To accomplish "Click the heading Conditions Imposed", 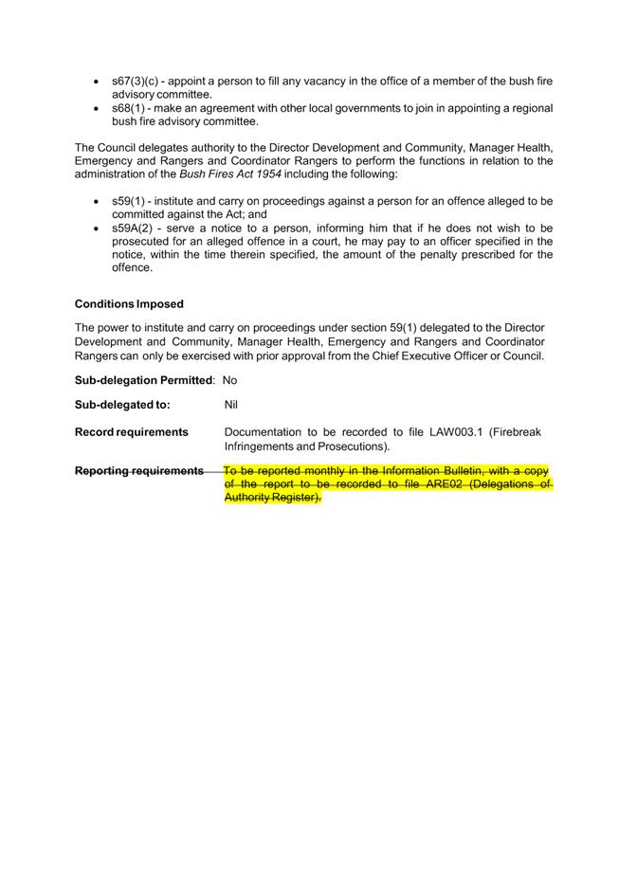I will pos(129,304).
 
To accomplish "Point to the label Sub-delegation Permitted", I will pos(143,380).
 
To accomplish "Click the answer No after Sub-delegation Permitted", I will pos(229,380).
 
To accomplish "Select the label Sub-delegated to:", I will pos(122,405).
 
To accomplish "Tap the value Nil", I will pos(230,405).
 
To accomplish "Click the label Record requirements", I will pos(131,431).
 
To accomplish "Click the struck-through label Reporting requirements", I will pos(138,470).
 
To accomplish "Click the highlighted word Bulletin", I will pos(457,470).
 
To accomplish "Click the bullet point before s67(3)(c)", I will pos(98,82).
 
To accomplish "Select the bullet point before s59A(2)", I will pos(98,229).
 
